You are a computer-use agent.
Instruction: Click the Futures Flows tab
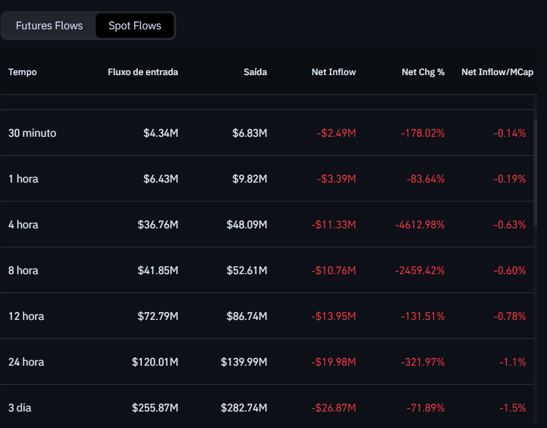(49, 26)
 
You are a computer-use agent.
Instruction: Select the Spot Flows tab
(135, 26)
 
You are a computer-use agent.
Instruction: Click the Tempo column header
(23, 72)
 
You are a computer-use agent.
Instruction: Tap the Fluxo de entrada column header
(143, 72)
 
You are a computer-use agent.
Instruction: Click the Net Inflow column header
(334, 72)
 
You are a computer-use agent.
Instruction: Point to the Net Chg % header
(423, 72)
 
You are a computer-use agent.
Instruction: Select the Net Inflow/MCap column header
(497, 72)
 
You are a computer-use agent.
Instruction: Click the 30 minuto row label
(32, 133)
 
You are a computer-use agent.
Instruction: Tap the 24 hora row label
(26, 362)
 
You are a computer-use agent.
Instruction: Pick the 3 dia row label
(20, 408)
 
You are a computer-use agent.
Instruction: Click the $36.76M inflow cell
(158, 225)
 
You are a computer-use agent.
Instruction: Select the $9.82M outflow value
(249, 179)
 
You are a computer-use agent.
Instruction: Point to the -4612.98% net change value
(420, 225)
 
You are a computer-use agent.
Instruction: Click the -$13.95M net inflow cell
(334, 316)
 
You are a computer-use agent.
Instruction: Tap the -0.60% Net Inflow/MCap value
(510, 270)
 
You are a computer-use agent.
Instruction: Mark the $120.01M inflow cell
(155, 362)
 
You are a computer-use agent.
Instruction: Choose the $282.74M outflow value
(244, 408)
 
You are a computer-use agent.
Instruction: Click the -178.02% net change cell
(423, 133)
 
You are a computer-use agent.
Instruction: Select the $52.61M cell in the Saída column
(247, 270)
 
